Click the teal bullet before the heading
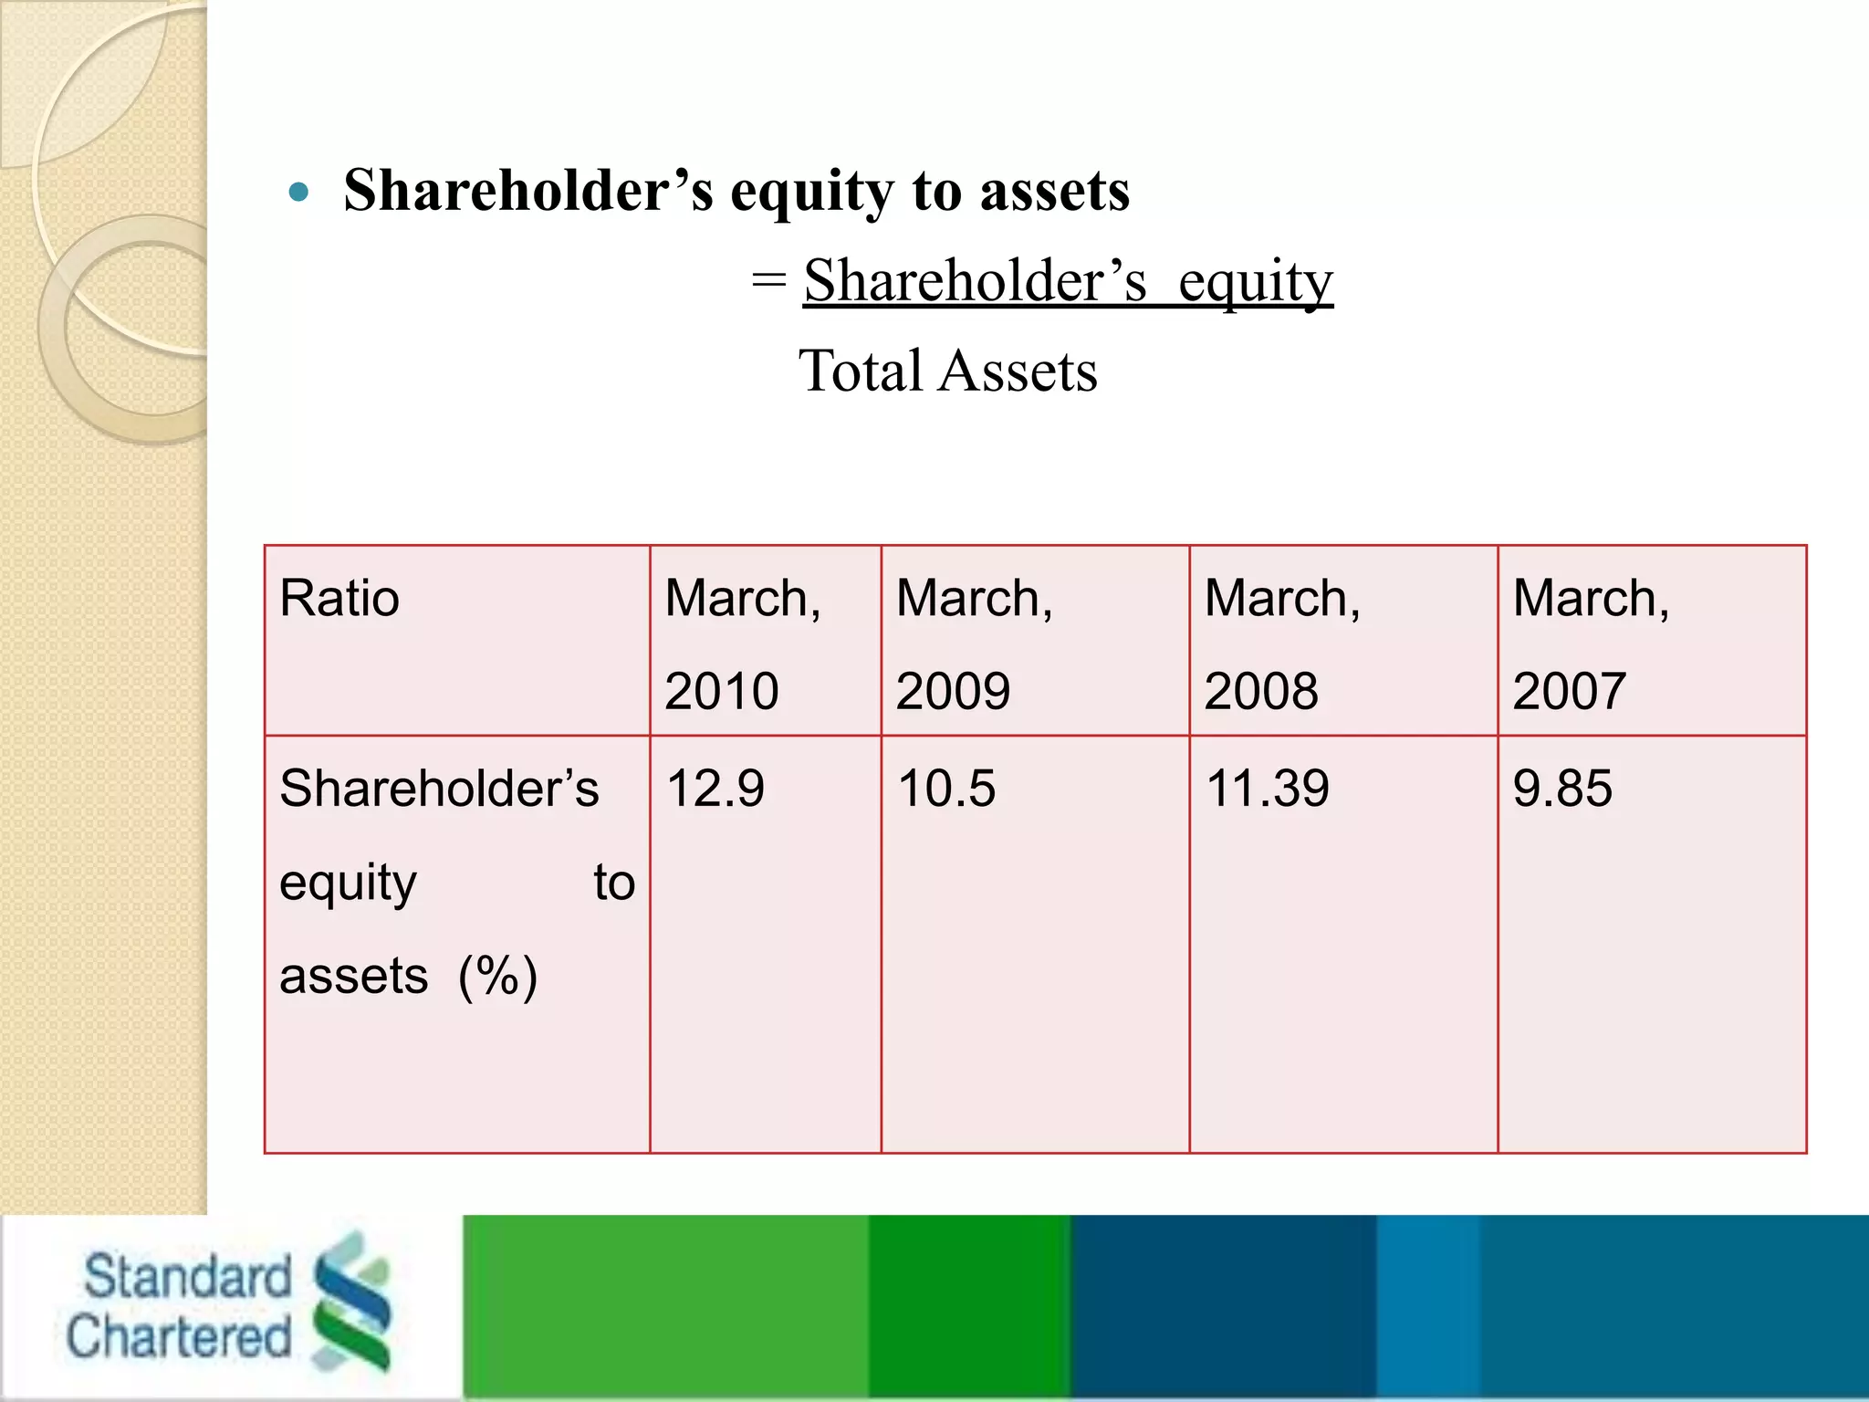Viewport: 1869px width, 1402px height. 298,193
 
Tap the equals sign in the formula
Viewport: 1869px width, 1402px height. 768,280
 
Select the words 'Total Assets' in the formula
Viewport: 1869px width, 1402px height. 947,371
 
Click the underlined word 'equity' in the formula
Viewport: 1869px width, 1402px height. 1255,282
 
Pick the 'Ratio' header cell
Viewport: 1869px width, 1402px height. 339,600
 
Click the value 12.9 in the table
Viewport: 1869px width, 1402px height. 715,789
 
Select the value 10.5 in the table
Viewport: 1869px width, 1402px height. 945,789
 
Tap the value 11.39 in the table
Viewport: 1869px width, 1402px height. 1267,789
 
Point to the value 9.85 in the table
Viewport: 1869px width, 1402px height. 1562,789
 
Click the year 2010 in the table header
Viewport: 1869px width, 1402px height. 721,691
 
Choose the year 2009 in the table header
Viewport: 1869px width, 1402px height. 953,691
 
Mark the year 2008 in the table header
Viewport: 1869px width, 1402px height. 1261,691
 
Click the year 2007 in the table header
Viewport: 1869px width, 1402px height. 1570,691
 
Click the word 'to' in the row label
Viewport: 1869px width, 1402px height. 614,883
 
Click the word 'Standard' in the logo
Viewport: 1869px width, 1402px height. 187,1276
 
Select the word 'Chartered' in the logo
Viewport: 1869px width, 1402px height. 179,1337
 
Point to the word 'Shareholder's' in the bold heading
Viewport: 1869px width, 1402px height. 528,192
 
